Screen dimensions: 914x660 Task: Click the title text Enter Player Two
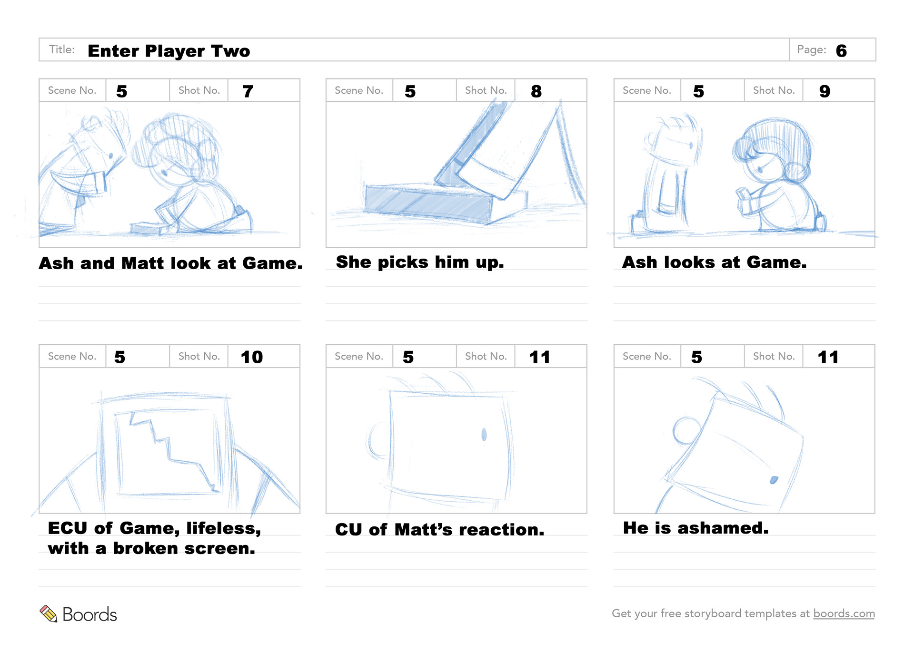click(x=169, y=51)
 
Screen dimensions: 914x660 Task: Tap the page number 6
click(x=841, y=51)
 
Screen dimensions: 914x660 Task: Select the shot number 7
click(x=248, y=91)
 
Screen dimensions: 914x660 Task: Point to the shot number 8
click(x=536, y=91)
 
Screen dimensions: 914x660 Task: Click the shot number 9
click(x=825, y=91)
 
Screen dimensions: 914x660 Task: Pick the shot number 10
click(x=251, y=357)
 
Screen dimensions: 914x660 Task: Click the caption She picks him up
click(x=420, y=262)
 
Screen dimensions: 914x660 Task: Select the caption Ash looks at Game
click(x=714, y=262)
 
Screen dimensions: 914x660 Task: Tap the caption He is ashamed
click(x=695, y=528)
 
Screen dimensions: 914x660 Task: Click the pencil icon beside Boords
click(x=48, y=613)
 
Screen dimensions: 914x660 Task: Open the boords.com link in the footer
click(x=844, y=613)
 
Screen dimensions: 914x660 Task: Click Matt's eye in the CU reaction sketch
click(x=484, y=434)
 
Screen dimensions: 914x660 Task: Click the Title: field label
click(x=62, y=49)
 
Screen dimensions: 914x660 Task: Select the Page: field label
click(x=812, y=49)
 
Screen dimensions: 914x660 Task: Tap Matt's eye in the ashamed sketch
click(x=774, y=480)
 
